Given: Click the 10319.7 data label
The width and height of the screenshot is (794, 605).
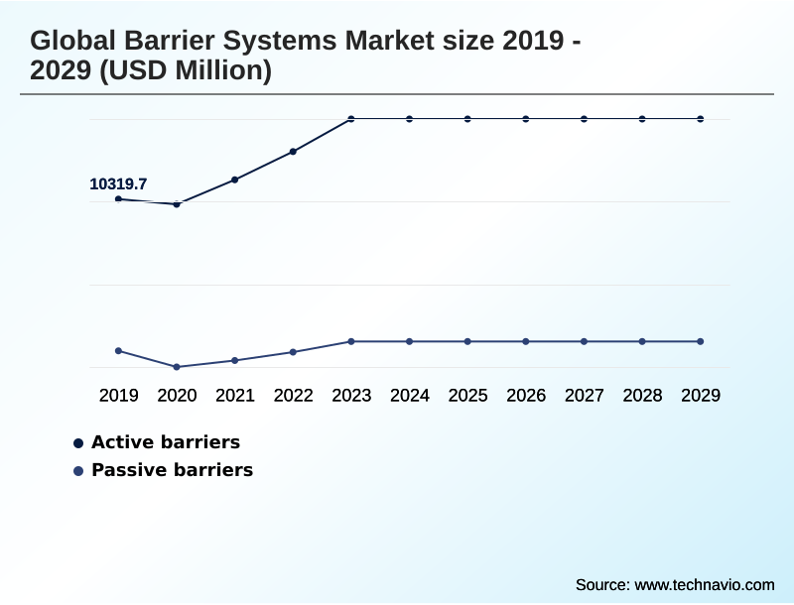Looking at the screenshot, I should pyautogui.click(x=118, y=183).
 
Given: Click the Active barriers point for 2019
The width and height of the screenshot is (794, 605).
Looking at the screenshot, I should pyautogui.click(x=118, y=199).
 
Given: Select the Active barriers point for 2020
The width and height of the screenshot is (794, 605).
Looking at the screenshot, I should pyautogui.click(x=177, y=204).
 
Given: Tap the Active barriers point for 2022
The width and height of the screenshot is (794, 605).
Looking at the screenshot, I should pyautogui.click(x=293, y=152).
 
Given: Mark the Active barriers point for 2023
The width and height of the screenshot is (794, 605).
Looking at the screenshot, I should pyautogui.click(x=351, y=119).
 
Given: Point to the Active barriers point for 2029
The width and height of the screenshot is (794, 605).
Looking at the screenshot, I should pyautogui.click(x=701, y=119).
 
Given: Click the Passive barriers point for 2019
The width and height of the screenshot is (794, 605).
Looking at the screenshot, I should pyautogui.click(x=118, y=351).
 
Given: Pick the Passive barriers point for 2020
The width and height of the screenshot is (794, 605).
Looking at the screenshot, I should pyautogui.click(x=177, y=367).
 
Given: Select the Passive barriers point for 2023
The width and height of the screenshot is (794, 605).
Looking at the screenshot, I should pyautogui.click(x=351, y=341).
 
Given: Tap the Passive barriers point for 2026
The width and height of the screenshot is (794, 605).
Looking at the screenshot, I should pyautogui.click(x=526, y=341).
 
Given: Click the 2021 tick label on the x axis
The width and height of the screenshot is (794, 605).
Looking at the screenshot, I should pyautogui.click(x=235, y=396).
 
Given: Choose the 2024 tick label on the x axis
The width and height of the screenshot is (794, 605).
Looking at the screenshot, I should pyautogui.click(x=410, y=396).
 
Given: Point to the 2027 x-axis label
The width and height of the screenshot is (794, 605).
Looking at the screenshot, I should pyautogui.click(x=585, y=396).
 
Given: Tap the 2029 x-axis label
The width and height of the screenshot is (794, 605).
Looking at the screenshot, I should pyautogui.click(x=701, y=396).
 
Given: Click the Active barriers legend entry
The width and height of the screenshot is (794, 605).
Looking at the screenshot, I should pyautogui.click(x=165, y=442).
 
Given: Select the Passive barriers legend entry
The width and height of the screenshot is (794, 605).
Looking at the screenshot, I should pyautogui.click(x=172, y=470).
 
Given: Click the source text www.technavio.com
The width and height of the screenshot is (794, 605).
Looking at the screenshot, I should pyautogui.click(x=704, y=585).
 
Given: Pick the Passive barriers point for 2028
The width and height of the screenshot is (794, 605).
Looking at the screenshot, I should pyautogui.click(x=642, y=341).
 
